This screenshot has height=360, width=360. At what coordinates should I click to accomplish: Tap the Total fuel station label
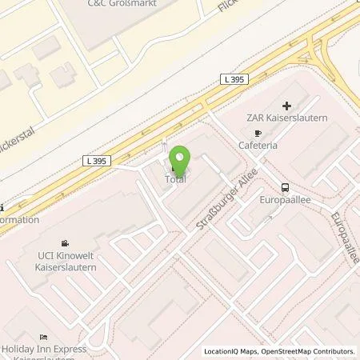pyautogui.click(x=176, y=180)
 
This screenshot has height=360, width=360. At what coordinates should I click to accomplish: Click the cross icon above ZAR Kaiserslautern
pyautogui.click(x=286, y=105)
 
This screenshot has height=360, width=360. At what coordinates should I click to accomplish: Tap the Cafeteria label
pyautogui.click(x=262, y=146)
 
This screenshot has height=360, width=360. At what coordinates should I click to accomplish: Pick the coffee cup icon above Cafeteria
pyautogui.click(x=258, y=134)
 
